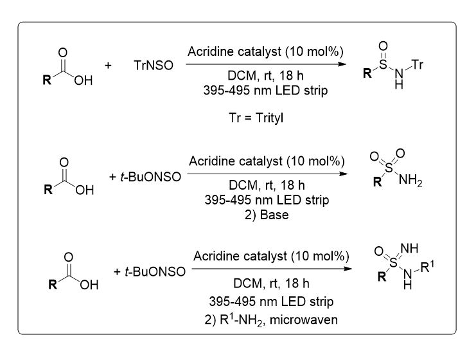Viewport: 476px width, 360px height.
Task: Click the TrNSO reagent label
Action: coord(154,66)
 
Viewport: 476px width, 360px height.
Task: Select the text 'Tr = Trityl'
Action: coord(256,118)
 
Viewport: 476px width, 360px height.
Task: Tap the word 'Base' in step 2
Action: coord(274,215)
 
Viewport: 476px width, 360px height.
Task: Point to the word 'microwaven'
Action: coord(304,320)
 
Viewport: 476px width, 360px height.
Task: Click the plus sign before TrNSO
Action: coord(108,66)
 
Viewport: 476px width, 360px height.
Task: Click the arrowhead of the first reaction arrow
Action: coord(342,64)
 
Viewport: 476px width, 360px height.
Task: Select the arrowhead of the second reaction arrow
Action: coord(344,174)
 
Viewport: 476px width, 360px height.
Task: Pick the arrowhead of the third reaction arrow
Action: coord(348,269)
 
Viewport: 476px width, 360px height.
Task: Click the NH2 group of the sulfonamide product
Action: coord(410,181)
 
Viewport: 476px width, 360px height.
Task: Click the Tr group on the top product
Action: coord(418,64)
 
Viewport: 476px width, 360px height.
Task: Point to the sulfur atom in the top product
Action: coord(383,64)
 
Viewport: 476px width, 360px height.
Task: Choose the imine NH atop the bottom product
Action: coord(409,248)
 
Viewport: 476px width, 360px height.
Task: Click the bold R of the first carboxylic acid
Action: coord(47,80)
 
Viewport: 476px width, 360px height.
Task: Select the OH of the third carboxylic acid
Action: coord(89,285)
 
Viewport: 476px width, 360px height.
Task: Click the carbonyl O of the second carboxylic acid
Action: coord(64,162)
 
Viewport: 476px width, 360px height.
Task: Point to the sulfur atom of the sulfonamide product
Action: coord(389,167)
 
